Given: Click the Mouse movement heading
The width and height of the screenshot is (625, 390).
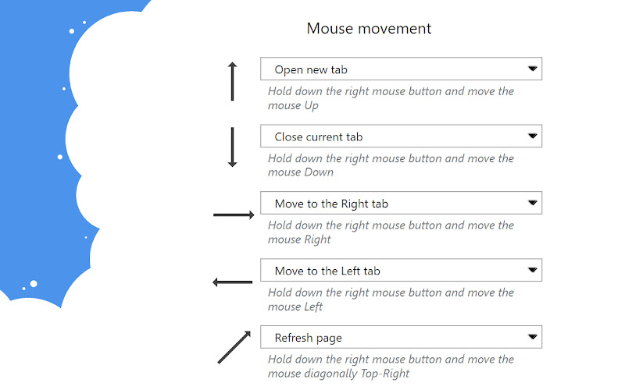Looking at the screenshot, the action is (x=369, y=28).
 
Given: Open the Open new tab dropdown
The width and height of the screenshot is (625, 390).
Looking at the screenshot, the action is (x=401, y=69).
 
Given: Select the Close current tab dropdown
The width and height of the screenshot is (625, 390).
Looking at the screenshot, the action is (x=401, y=136).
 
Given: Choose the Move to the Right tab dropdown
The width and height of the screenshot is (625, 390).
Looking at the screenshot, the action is (x=401, y=203).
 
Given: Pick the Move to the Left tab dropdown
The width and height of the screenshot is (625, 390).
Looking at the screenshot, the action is (x=401, y=270).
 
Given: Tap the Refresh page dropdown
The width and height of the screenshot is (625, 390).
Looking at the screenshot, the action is (x=401, y=337).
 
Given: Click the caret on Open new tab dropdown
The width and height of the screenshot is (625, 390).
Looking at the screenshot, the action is (x=532, y=69).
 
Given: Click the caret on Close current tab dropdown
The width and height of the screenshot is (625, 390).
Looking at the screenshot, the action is (x=532, y=136).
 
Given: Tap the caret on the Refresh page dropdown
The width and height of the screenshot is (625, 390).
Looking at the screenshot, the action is (x=532, y=337).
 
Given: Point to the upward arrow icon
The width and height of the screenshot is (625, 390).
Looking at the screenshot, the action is (x=232, y=82).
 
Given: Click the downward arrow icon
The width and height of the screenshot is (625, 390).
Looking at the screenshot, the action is (x=232, y=147).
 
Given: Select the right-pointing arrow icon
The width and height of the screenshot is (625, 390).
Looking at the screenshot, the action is (x=234, y=215).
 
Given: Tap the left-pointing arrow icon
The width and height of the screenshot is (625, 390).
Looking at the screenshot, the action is (x=232, y=282).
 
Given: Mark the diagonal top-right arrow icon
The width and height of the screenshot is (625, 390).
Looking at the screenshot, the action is (x=234, y=347).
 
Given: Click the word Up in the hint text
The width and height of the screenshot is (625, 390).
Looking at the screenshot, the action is (x=311, y=106).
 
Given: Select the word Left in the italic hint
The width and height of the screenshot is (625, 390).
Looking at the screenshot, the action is (x=313, y=307).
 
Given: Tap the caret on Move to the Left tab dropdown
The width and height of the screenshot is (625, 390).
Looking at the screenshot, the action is (x=532, y=270).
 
